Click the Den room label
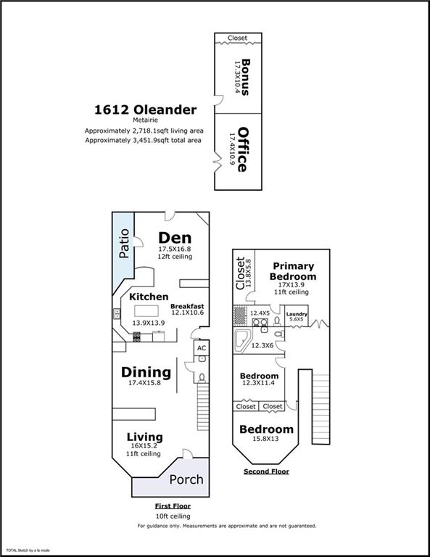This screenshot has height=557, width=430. coord(175,238)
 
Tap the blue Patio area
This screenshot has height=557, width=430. coord(123,249)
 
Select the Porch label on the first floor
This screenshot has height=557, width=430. coord(186,479)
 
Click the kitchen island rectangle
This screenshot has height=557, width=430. coord(146,311)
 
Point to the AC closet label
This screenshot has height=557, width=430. coord(202,348)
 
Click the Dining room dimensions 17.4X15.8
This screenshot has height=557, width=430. coord(144,383)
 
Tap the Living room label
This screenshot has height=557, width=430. coord(145,437)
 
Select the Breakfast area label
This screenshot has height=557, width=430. coord(187,306)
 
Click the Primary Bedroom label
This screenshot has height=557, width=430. coord(293,271)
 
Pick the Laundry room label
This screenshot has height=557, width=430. coord(297,314)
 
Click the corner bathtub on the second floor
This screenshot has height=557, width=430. coord(242,340)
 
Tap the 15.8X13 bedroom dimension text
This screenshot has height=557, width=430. coord(265,439)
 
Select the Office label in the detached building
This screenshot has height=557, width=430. coord(242,149)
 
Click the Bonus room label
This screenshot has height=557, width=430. coord(245,77)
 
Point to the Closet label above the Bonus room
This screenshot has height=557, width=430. coord(238,38)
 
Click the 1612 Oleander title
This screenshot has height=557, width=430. coord(145,110)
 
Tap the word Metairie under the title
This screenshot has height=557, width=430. coord(145,120)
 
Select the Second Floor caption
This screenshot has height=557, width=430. coord(266,471)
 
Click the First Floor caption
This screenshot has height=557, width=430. coord(173,506)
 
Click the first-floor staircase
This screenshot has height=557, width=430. coord(203,407)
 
